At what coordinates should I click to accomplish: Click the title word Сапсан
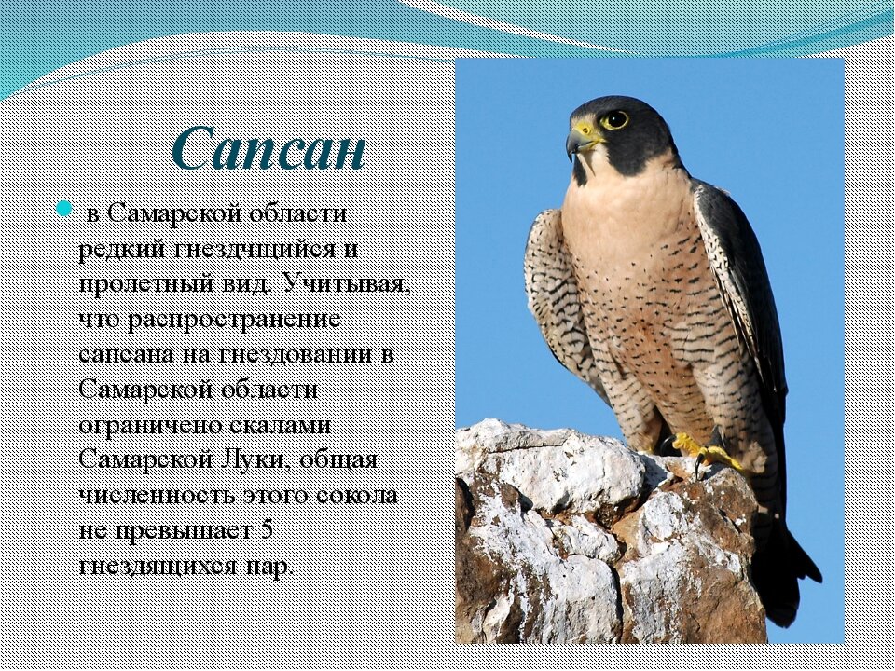coord(268,148)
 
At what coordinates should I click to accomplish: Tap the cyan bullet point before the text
coord(64,209)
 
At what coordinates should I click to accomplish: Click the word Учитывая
coord(346,283)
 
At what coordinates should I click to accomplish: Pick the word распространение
coord(234,320)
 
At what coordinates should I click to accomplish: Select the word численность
coord(157,495)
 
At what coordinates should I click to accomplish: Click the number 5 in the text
coord(266,530)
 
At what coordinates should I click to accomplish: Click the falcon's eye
coord(614,120)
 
